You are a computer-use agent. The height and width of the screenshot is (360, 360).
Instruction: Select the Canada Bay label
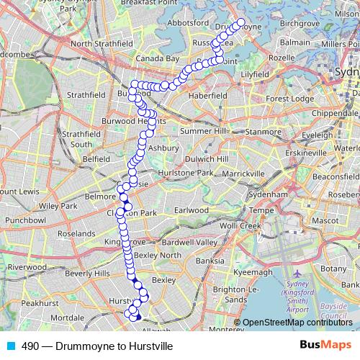pos(157,58)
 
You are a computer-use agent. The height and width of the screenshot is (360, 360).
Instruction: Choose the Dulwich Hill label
pos(207,158)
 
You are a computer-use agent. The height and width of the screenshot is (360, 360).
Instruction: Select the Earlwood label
pos(193,210)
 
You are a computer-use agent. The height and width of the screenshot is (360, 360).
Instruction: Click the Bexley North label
pos(158,255)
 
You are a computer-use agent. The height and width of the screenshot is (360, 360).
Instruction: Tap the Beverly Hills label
pos(88,274)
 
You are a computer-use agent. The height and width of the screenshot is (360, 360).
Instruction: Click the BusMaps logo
pos(325,345)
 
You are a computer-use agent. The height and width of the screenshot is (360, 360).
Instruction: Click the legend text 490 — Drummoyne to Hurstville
pos(97,346)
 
